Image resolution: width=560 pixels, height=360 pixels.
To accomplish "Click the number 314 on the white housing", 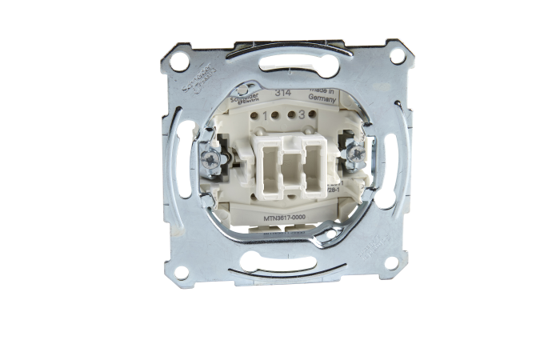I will [x=283, y=94].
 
